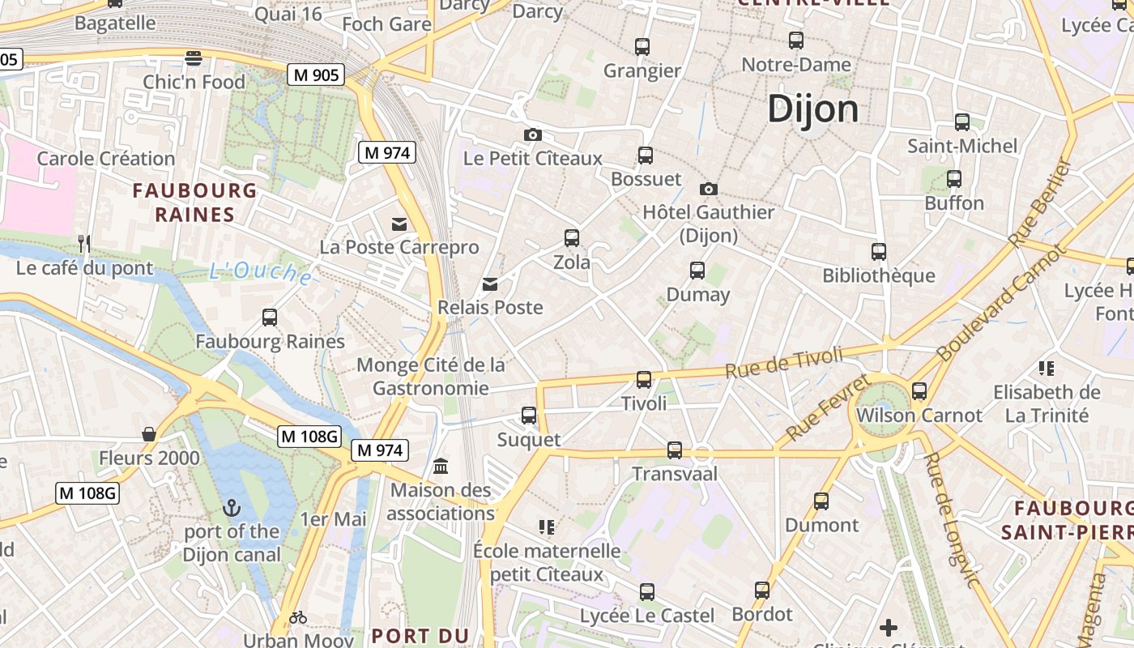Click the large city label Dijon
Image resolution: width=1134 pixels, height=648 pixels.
tap(812, 109)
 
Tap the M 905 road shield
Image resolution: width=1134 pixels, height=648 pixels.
tap(316, 75)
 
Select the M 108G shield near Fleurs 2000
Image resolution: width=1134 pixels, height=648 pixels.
tap(87, 492)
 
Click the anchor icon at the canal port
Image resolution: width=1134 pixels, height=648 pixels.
tap(232, 509)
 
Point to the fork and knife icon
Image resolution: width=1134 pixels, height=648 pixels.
tap(83, 242)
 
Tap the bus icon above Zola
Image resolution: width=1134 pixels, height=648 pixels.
tap(572, 238)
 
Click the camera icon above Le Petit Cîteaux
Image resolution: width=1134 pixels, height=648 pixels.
tap(532, 134)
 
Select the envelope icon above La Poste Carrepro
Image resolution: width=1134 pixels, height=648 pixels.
tap(399, 224)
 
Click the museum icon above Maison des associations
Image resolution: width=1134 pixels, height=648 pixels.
tap(441, 467)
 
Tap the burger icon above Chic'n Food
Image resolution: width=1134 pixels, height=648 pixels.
tap(193, 58)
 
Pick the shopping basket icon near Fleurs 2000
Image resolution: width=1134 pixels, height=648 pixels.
tap(149, 435)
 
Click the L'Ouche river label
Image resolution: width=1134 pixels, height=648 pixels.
tap(260, 273)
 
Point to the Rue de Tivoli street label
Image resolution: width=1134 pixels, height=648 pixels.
tap(784, 362)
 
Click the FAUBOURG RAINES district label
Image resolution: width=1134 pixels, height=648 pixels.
tap(194, 202)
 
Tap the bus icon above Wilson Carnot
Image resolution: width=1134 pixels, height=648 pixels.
tap(919, 391)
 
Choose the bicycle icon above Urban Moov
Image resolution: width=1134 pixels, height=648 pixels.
tap(298, 617)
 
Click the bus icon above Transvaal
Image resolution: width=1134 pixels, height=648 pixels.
tap(675, 450)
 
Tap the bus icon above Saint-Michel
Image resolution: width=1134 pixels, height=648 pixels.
tap(962, 122)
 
